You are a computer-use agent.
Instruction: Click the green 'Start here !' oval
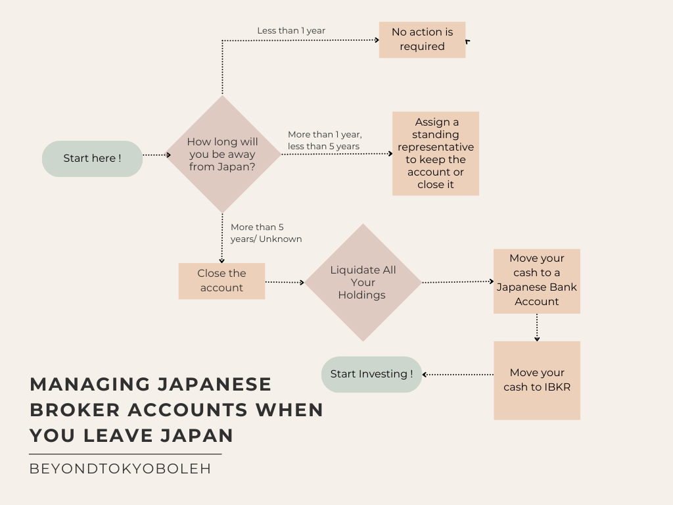click(x=92, y=158)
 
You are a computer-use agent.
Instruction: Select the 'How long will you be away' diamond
click(x=222, y=155)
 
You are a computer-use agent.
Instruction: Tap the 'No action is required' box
click(x=422, y=39)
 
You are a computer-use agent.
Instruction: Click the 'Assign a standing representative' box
click(x=435, y=153)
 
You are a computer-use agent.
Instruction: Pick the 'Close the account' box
click(x=221, y=281)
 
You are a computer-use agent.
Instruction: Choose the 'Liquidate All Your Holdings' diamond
click(x=363, y=282)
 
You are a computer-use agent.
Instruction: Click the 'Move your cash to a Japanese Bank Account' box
click(x=537, y=281)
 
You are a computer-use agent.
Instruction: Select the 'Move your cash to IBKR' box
click(x=537, y=380)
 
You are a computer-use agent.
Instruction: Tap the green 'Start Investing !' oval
click(x=371, y=374)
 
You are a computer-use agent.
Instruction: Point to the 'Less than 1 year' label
click(x=291, y=31)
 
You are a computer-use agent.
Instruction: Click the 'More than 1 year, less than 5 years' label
click(x=325, y=141)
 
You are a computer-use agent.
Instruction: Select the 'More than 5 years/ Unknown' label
click(x=266, y=233)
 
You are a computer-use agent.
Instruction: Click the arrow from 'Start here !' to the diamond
click(x=156, y=155)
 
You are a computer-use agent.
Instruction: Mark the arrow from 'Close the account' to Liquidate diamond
click(x=285, y=282)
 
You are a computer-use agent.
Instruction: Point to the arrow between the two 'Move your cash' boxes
click(x=537, y=327)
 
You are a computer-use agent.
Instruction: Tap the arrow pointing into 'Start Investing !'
click(x=458, y=374)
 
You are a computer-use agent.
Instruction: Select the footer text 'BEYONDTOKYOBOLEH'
click(x=120, y=469)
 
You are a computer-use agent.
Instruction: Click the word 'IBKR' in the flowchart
click(x=556, y=387)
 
